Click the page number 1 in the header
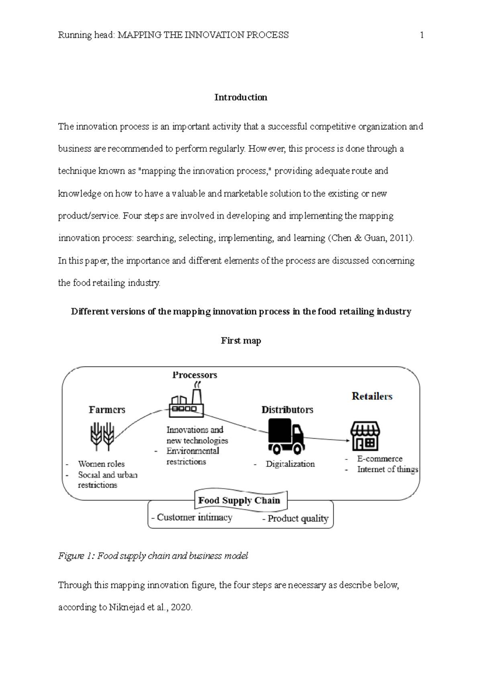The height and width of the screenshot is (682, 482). click(421, 35)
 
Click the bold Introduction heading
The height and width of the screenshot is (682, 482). click(241, 97)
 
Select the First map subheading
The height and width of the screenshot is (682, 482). click(241, 341)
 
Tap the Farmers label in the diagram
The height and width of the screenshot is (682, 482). click(107, 410)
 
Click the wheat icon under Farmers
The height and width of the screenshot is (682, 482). click(102, 436)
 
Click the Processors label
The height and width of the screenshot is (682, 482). click(194, 375)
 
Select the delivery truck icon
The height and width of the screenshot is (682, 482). click(286, 436)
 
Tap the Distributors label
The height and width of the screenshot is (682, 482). click(287, 410)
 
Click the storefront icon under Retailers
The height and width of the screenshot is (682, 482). click(365, 436)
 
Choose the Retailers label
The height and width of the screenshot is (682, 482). click(372, 396)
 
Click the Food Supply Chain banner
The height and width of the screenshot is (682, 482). click(239, 500)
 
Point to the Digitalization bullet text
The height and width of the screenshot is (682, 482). click(290, 464)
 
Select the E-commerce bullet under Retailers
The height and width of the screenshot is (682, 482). click(380, 459)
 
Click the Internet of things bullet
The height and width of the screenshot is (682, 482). click(388, 469)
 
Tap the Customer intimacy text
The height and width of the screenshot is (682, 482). click(194, 517)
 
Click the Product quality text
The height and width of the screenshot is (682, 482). click(298, 519)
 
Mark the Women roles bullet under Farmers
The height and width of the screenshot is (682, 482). click(101, 464)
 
